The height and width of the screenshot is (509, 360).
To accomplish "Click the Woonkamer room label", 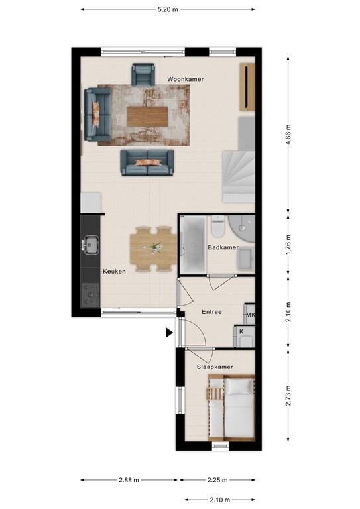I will click(x=185, y=79).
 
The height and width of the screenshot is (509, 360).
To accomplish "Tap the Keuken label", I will click(x=113, y=272).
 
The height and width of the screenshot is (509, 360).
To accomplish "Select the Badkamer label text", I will click(x=223, y=247).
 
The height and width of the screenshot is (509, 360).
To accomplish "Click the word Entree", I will click(x=211, y=311).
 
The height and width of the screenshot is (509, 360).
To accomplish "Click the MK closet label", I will click(x=250, y=316).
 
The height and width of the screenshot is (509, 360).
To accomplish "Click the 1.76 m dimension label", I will click(x=288, y=245).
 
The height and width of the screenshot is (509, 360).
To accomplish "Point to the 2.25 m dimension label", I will click(x=216, y=481).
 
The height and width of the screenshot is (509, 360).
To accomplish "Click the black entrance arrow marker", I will click(x=169, y=333).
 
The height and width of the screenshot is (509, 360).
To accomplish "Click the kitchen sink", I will click(x=89, y=245).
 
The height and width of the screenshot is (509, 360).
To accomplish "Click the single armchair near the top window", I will click(x=143, y=74).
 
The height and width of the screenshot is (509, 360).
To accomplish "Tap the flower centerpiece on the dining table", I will click(x=155, y=248).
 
